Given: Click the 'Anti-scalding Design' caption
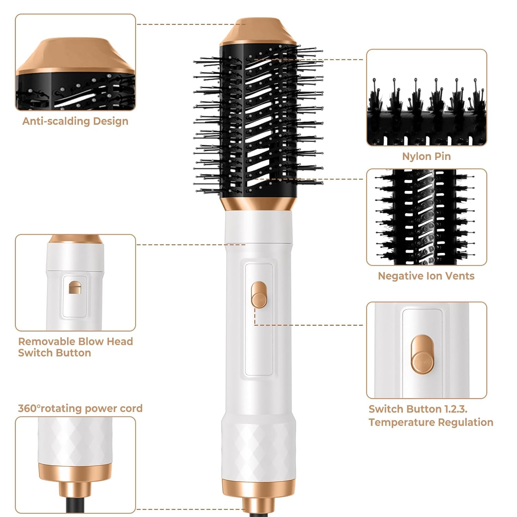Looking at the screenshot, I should [75, 121].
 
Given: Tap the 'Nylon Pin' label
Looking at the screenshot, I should [426, 156].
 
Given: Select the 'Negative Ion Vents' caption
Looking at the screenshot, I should [426, 276].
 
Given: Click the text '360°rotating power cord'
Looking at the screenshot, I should [80, 408].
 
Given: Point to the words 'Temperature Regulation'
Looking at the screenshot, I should [431, 422].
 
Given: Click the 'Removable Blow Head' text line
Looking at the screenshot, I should [75, 342].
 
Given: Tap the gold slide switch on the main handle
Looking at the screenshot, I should [259, 295].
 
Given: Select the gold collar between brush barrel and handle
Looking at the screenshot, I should [258, 204].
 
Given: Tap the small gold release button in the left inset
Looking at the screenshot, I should [75, 288].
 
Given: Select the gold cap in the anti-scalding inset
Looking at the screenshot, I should [75, 57].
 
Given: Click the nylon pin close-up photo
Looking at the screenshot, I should [426, 98].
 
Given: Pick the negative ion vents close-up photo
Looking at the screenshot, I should [426, 217].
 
